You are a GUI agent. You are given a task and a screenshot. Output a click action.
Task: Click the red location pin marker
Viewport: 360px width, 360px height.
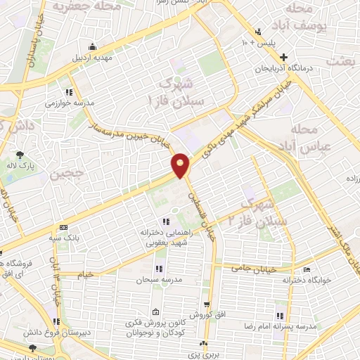181,165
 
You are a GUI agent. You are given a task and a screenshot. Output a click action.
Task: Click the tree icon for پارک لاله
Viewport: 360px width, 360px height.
20,156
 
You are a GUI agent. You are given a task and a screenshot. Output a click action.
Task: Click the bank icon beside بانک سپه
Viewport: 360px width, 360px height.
63,227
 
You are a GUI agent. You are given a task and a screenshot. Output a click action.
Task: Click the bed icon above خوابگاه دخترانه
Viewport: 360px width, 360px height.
306,269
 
